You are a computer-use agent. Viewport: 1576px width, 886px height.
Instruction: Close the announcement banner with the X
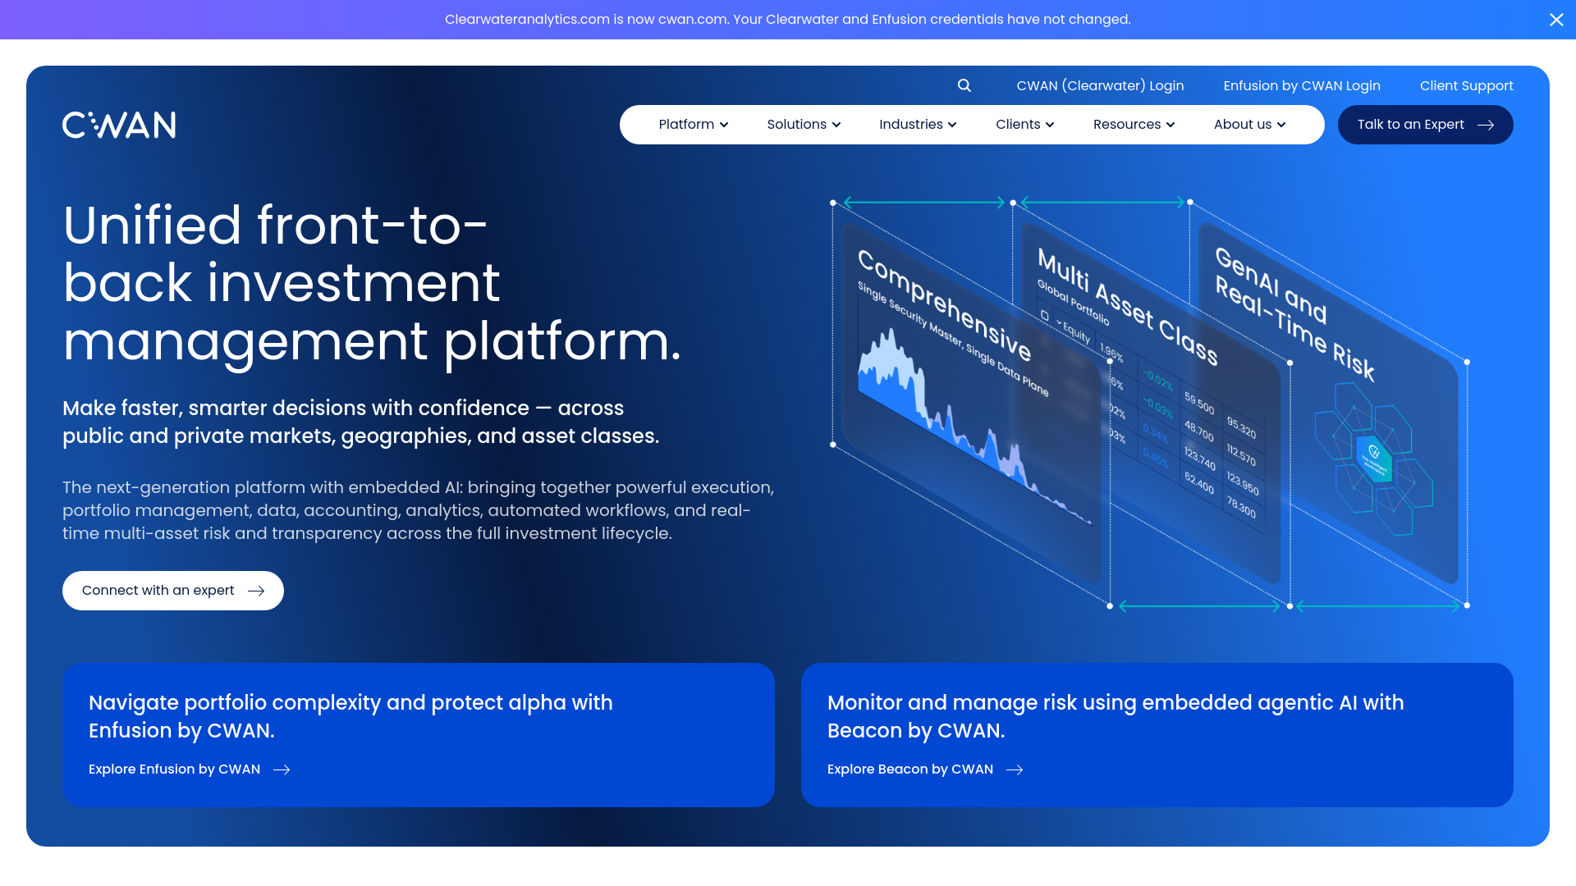1556,20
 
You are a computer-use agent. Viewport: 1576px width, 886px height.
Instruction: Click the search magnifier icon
964,85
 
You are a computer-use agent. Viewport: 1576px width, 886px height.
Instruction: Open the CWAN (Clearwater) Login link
1100,85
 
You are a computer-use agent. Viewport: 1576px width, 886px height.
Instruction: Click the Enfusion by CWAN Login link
1302,85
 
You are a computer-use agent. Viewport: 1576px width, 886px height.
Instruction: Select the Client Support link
1466,85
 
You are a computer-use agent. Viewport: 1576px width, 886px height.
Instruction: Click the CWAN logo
119,125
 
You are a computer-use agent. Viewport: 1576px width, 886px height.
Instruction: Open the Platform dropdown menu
693,125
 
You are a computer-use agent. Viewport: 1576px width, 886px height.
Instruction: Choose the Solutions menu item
804,125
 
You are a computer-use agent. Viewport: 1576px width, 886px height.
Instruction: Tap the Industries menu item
918,125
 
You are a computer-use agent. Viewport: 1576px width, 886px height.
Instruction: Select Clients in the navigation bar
1024,125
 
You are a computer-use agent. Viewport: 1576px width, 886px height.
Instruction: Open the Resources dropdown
1134,125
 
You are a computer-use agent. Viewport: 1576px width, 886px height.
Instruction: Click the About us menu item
1249,125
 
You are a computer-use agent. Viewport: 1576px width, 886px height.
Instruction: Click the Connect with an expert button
173,591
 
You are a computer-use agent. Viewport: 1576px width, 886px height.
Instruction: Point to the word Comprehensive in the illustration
944,304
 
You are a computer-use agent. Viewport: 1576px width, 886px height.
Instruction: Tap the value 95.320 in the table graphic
1241,427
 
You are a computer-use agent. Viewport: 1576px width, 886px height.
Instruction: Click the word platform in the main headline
562,341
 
